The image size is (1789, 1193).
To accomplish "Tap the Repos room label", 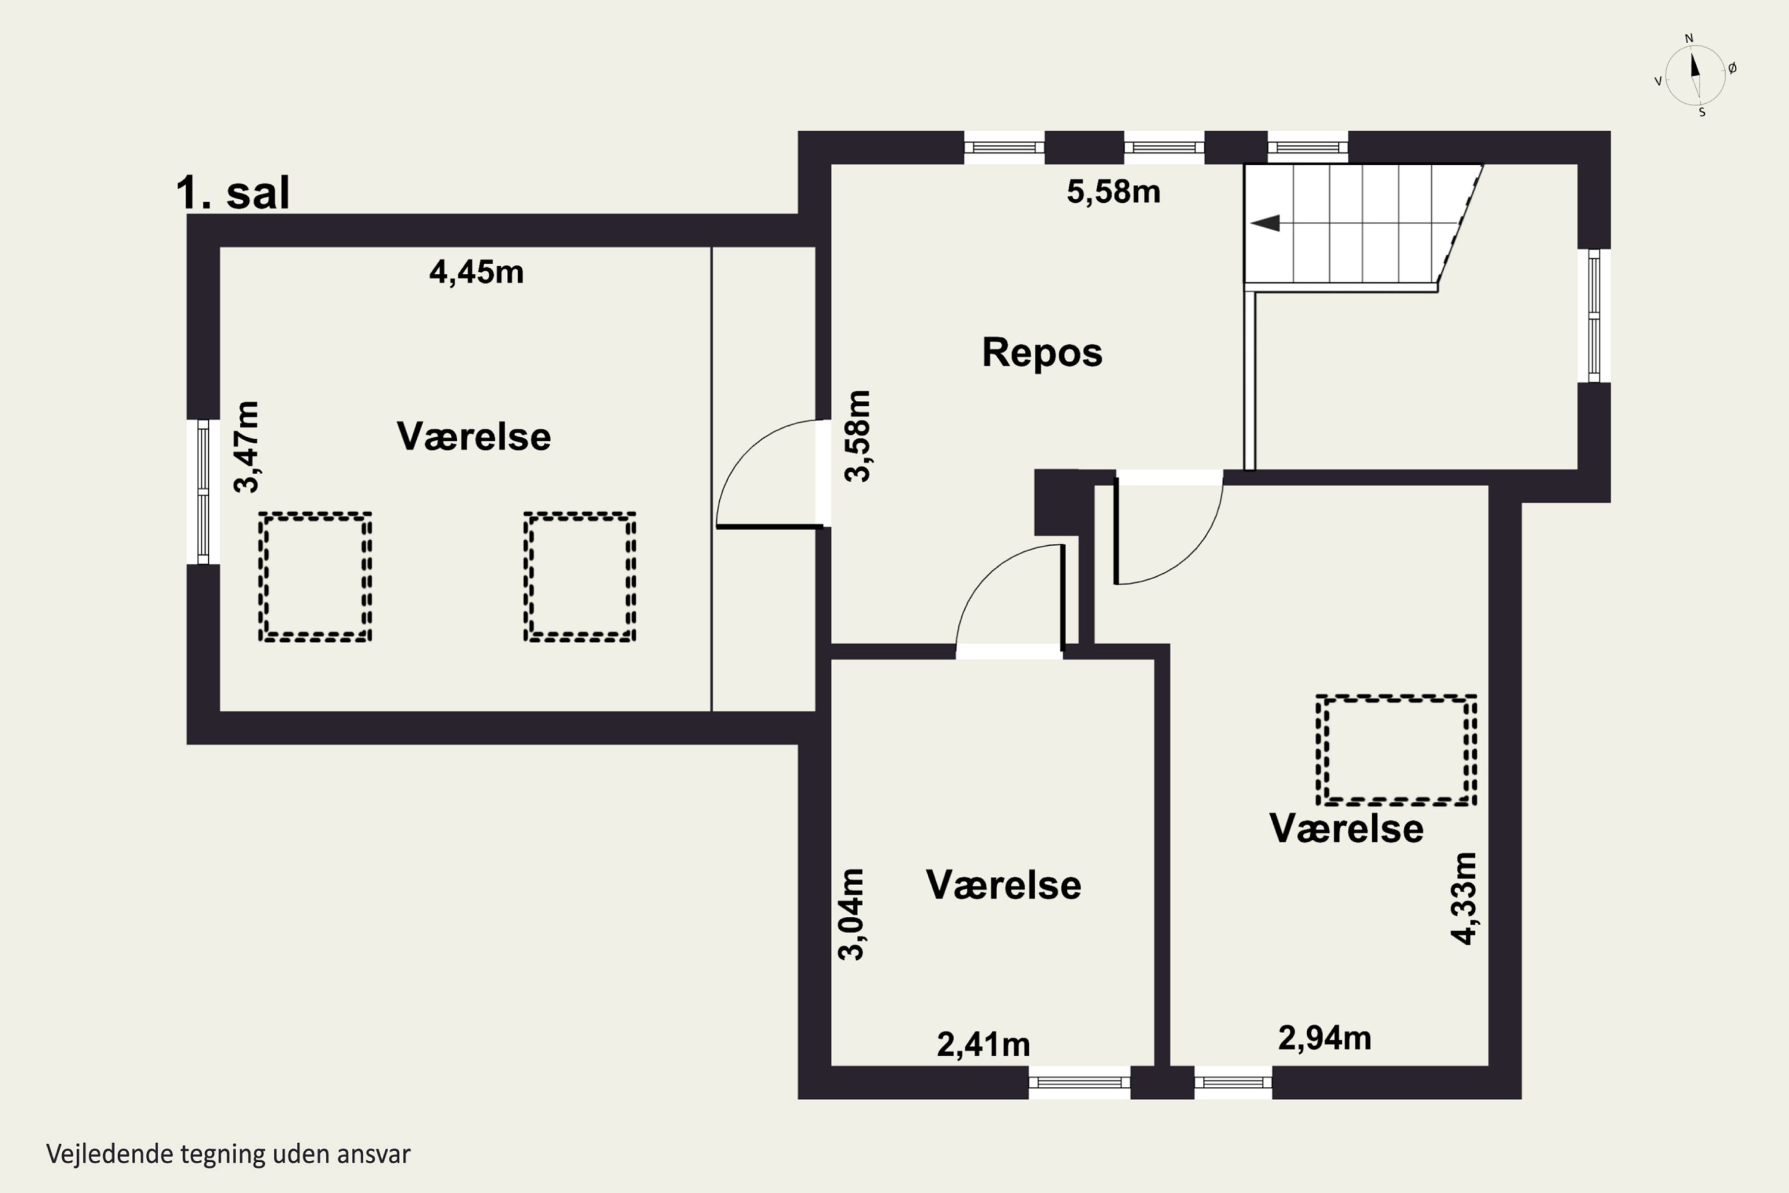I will point(1041,353).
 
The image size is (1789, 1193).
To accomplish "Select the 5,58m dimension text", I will point(1113,191).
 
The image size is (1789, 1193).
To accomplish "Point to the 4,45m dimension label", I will point(476,271).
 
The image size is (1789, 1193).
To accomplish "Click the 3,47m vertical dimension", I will point(246,447).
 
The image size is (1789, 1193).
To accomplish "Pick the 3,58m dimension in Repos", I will point(858,436).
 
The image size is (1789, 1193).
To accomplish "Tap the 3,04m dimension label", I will point(851,914).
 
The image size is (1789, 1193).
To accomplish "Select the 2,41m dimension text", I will point(983,1044).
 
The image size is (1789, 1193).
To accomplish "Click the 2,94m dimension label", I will point(1324,1038).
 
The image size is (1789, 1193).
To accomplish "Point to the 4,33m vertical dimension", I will point(1463,898).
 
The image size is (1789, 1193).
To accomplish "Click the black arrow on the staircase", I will point(1265,223).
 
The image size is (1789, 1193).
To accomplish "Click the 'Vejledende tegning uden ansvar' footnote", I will point(228,1154).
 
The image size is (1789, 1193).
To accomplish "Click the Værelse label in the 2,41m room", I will point(1002,885).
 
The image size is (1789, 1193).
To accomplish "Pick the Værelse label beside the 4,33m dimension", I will point(1345,829).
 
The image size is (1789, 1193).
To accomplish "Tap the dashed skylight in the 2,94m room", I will point(1396,749).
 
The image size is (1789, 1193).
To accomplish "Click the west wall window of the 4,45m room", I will point(203,492).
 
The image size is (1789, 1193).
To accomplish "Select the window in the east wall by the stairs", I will point(1593,315).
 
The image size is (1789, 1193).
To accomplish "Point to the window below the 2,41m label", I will point(1079,1083).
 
